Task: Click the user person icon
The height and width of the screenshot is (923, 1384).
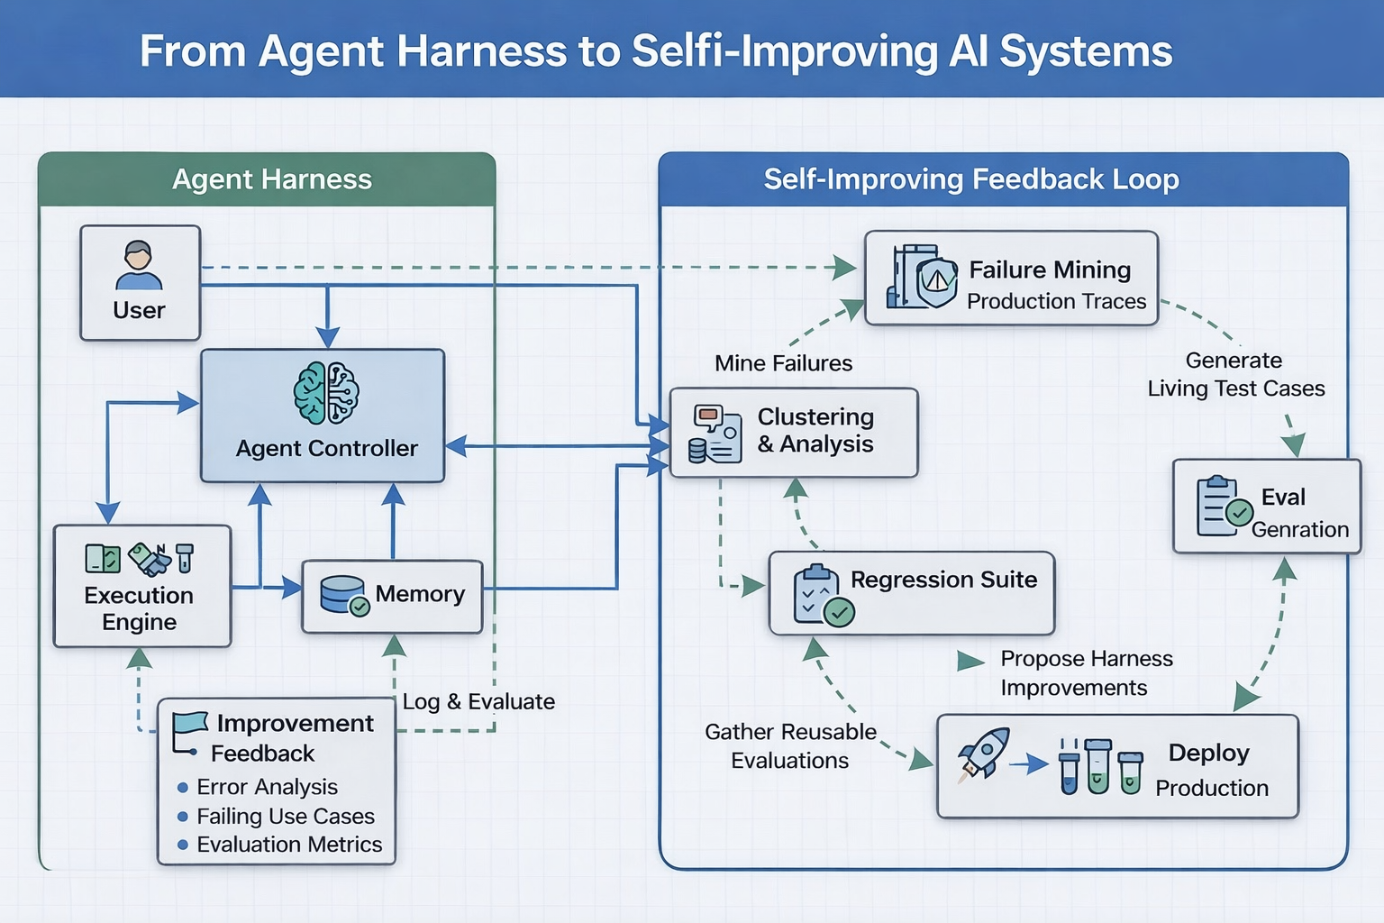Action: (x=139, y=265)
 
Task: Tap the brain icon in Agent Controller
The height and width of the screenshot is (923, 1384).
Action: (x=326, y=393)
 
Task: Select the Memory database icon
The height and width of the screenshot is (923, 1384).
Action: (x=344, y=595)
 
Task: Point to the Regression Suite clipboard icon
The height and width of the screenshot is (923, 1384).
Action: (x=822, y=596)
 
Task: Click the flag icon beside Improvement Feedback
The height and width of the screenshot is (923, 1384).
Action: (x=189, y=731)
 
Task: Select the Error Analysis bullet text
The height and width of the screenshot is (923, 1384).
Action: (x=267, y=787)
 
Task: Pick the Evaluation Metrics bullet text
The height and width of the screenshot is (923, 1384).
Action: (x=289, y=845)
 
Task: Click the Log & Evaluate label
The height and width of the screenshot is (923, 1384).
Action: (x=478, y=701)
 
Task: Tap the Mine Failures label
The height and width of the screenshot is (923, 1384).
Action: (x=783, y=363)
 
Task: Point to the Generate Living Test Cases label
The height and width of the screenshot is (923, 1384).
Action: (x=1235, y=374)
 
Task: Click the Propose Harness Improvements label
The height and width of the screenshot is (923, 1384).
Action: (x=1086, y=673)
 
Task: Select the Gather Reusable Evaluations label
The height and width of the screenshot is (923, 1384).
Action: (x=790, y=745)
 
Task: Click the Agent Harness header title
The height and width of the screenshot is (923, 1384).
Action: (x=272, y=179)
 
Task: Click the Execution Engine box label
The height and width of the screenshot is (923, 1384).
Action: (x=139, y=608)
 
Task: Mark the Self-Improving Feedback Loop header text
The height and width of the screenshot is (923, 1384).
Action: (x=971, y=179)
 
